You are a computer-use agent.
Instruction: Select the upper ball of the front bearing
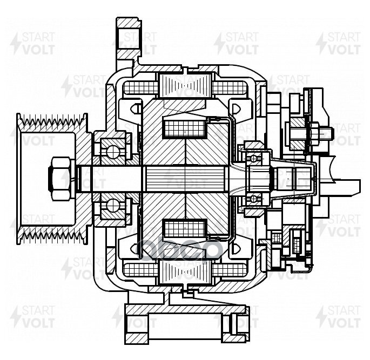(112, 152)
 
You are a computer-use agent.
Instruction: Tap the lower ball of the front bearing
(112, 205)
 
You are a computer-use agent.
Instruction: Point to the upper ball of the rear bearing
(253, 158)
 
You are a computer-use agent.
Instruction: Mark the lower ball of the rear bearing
(253, 199)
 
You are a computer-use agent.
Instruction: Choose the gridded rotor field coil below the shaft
(185, 230)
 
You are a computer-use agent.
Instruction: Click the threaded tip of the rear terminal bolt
(325, 131)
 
